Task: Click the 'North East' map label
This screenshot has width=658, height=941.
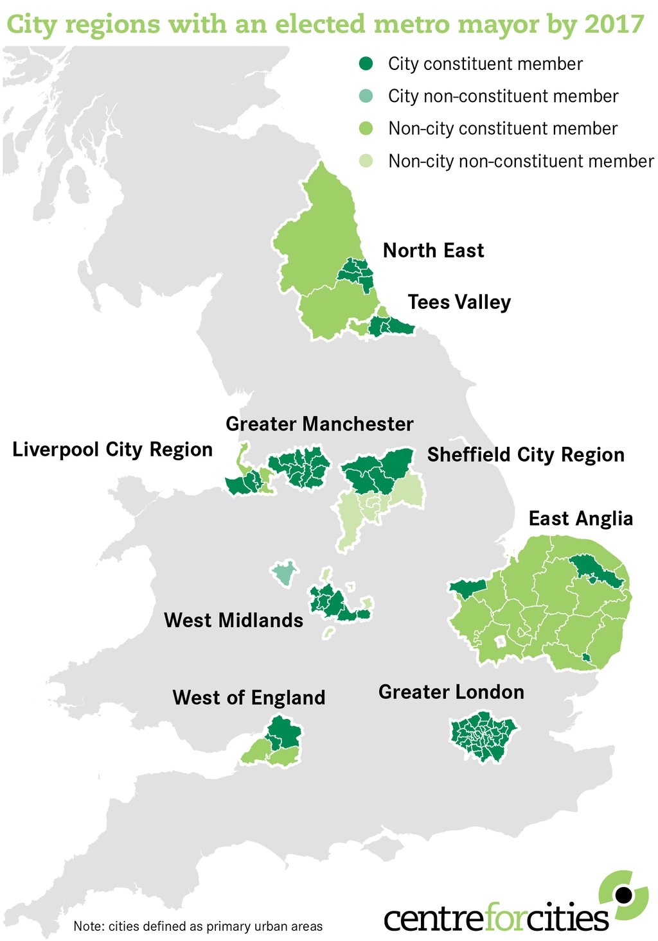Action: click(433, 250)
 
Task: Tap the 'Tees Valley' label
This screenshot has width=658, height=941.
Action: click(459, 302)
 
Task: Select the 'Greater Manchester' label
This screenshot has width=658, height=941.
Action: click(319, 424)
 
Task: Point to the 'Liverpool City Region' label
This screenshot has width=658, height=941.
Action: click(112, 449)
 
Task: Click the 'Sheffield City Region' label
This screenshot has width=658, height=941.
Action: click(526, 454)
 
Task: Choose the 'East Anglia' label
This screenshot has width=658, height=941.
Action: click(580, 518)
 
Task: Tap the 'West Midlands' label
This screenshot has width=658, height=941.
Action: click(233, 620)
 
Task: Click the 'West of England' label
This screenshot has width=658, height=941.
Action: click(249, 697)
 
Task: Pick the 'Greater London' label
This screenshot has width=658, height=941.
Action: click(451, 691)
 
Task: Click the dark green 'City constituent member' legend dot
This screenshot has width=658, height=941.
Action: click(366, 64)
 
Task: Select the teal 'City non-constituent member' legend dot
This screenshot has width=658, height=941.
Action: click(366, 96)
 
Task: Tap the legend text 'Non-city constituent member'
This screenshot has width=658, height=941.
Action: click(502, 128)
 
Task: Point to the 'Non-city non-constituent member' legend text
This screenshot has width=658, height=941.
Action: click(520, 161)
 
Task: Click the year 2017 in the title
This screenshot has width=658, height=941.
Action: click(614, 24)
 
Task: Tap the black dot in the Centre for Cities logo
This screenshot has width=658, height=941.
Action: click(622, 894)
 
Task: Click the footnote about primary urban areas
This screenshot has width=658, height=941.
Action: click(198, 926)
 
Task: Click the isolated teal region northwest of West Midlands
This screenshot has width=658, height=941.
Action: click(283, 573)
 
